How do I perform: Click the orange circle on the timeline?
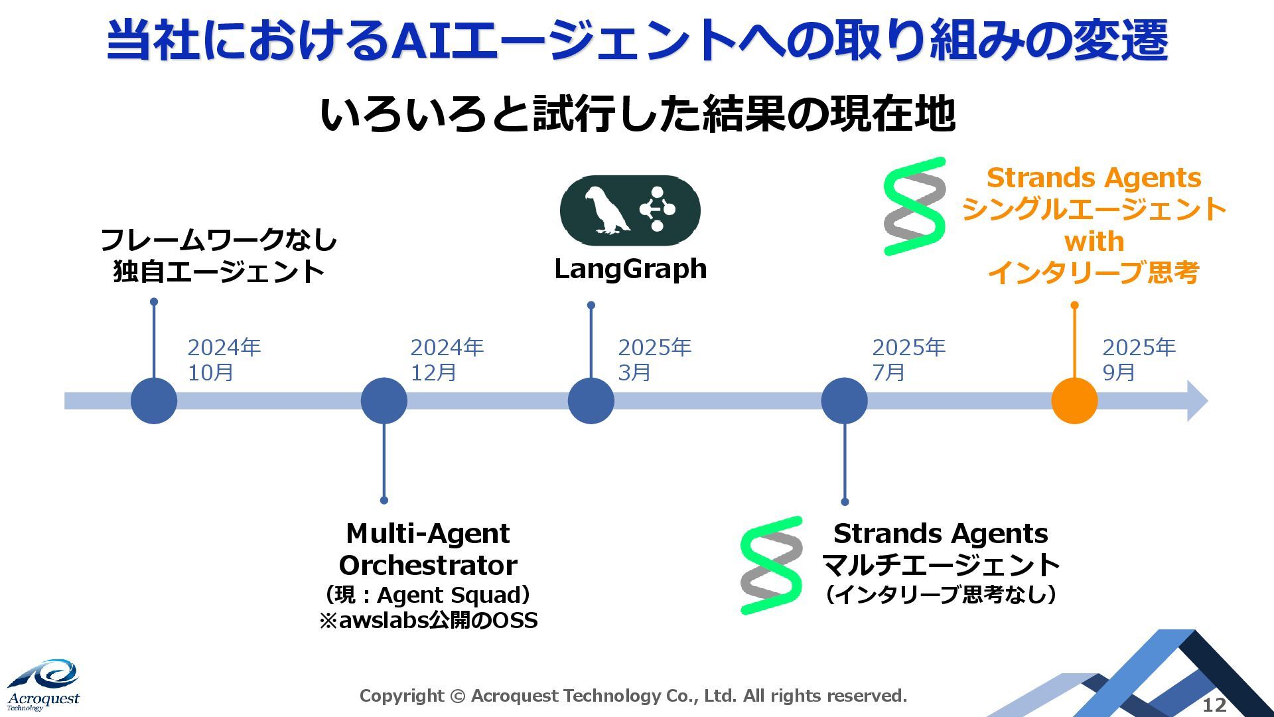click(1074, 401)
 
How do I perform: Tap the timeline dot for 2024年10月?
click(154, 401)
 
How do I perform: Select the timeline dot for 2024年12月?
click(384, 401)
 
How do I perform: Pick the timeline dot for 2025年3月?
click(591, 401)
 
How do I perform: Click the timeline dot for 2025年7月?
click(844, 401)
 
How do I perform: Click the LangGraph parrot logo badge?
click(630, 210)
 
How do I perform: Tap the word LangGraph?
click(630, 269)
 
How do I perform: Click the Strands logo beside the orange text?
click(914, 206)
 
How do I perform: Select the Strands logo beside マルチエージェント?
click(771, 566)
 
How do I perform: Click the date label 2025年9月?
click(1139, 360)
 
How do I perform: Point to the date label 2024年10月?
click(224, 360)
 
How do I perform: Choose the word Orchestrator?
click(428, 566)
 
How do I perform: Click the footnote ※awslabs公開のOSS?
click(428, 620)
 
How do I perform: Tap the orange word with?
click(1094, 242)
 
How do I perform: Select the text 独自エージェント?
click(218, 272)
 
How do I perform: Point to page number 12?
click(1215, 705)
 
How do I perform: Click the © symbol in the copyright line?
click(457, 696)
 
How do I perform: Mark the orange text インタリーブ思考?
click(1094, 272)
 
